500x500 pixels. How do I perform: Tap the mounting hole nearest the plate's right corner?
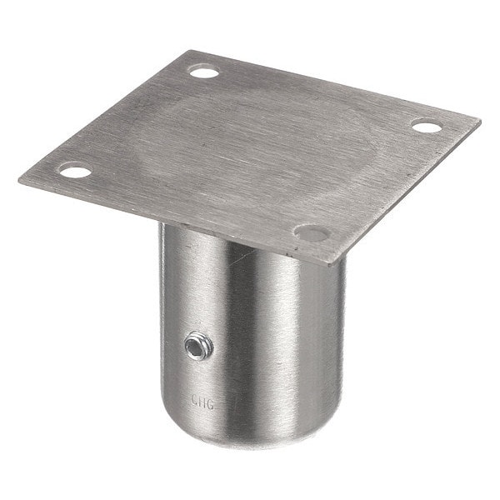tap(426, 127)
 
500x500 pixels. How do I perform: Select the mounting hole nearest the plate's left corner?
tap(76, 172)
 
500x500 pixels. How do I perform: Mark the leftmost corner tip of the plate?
tap(18, 179)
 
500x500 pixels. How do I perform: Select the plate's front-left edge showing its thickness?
tap(167, 221)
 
